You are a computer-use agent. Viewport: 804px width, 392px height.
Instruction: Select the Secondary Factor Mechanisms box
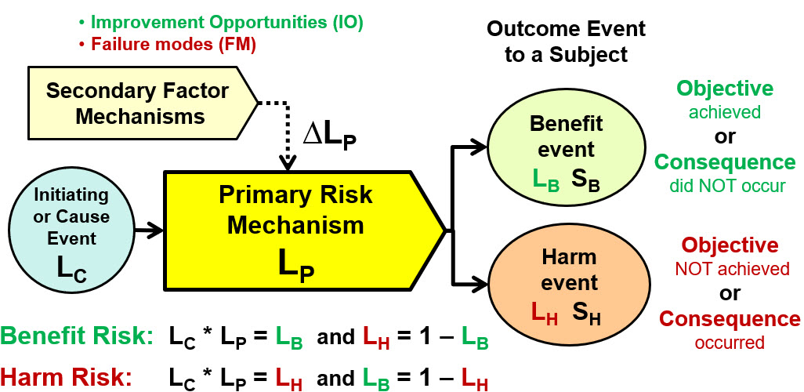[137, 103]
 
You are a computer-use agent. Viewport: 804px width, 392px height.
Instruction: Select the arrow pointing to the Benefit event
[470, 145]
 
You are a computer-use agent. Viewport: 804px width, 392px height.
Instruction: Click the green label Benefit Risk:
[76, 338]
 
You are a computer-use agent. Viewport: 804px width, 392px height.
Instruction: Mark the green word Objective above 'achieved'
[725, 89]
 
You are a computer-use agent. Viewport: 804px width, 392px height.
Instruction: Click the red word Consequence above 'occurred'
[730, 319]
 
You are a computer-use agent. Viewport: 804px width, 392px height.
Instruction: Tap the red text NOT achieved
[732, 269]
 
